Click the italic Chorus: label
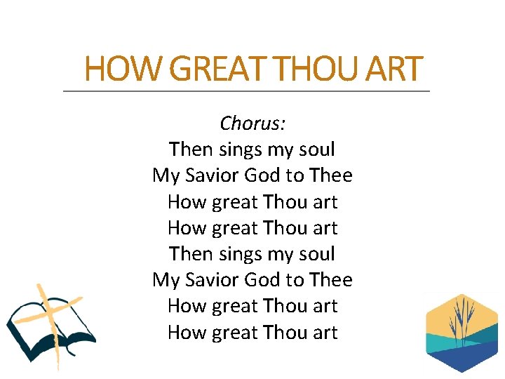coord(252,124)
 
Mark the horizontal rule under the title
coord(246,91)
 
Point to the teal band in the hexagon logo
coord(449,340)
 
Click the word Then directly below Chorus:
coord(191,149)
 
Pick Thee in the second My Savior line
coord(330,280)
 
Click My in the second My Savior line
coord(166,280)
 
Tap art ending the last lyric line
coord(325,332)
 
